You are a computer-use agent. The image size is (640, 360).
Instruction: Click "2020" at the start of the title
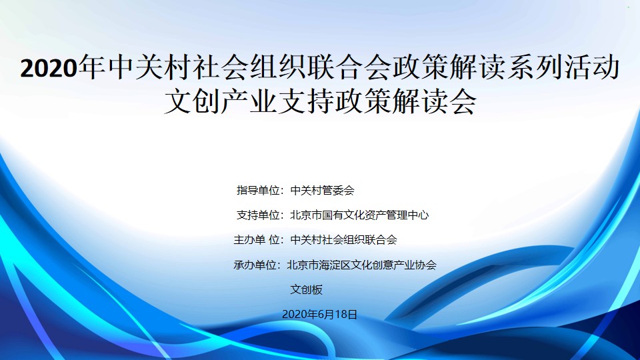pyautogui.click(x=49, y=68)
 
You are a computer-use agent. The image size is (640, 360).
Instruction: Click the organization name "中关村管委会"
pyautogui.click(x=322, y=190)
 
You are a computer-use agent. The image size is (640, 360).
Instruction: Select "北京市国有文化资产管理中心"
pyautogui.click(x=359, y=215)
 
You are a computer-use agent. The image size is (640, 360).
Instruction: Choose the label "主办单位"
pyautogui.click(x=256, y=239)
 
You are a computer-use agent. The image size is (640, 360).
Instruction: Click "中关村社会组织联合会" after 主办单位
pyautogui.click(x=343, y=239)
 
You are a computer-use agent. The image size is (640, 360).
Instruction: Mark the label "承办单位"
pyautogui.click(x=255, y=265)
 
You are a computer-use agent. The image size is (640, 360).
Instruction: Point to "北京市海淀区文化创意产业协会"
pyautogui.click(x=361, y=265)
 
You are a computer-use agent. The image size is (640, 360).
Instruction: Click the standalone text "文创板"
pyautogui.click(x=306, y=289)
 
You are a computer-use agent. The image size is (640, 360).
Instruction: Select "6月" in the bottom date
pyautogui.click(x=327, y=314)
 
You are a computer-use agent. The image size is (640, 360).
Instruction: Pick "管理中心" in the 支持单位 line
pyautogui.click(x=407, y=215)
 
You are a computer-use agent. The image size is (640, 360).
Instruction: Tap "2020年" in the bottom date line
pyautogui.click(x=300, y=314)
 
